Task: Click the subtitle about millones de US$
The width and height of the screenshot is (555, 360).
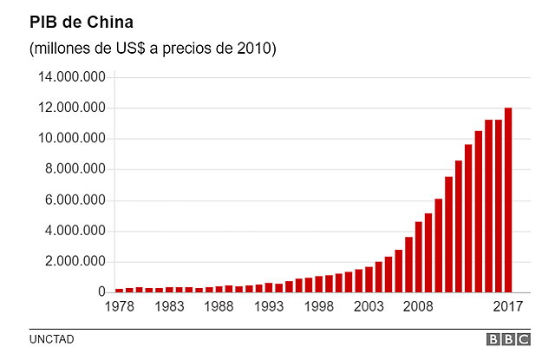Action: point(153,49)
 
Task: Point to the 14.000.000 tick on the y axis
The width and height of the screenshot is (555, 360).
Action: point(73,77)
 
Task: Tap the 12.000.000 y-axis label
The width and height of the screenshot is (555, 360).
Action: point(73,108)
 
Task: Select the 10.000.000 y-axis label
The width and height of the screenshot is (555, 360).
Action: point(73,139)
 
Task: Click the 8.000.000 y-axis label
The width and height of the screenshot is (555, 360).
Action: point(76,170)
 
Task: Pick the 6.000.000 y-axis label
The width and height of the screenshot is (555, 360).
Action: point(76,200)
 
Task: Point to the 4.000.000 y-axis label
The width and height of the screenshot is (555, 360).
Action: point(76,232)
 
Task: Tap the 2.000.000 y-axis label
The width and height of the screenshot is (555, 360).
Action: point(76,262)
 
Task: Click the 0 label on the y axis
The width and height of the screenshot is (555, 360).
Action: point(101,293)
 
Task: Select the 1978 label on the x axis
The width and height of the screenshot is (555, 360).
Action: point(120,307)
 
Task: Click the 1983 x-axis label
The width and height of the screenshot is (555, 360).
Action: point(169,307)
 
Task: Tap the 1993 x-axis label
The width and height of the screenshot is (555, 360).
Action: point(270,307)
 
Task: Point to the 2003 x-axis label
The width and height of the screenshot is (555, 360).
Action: point(369,307)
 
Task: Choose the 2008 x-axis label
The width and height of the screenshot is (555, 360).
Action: point(419,307)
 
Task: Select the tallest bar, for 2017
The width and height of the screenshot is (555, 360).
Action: point(508,200)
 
